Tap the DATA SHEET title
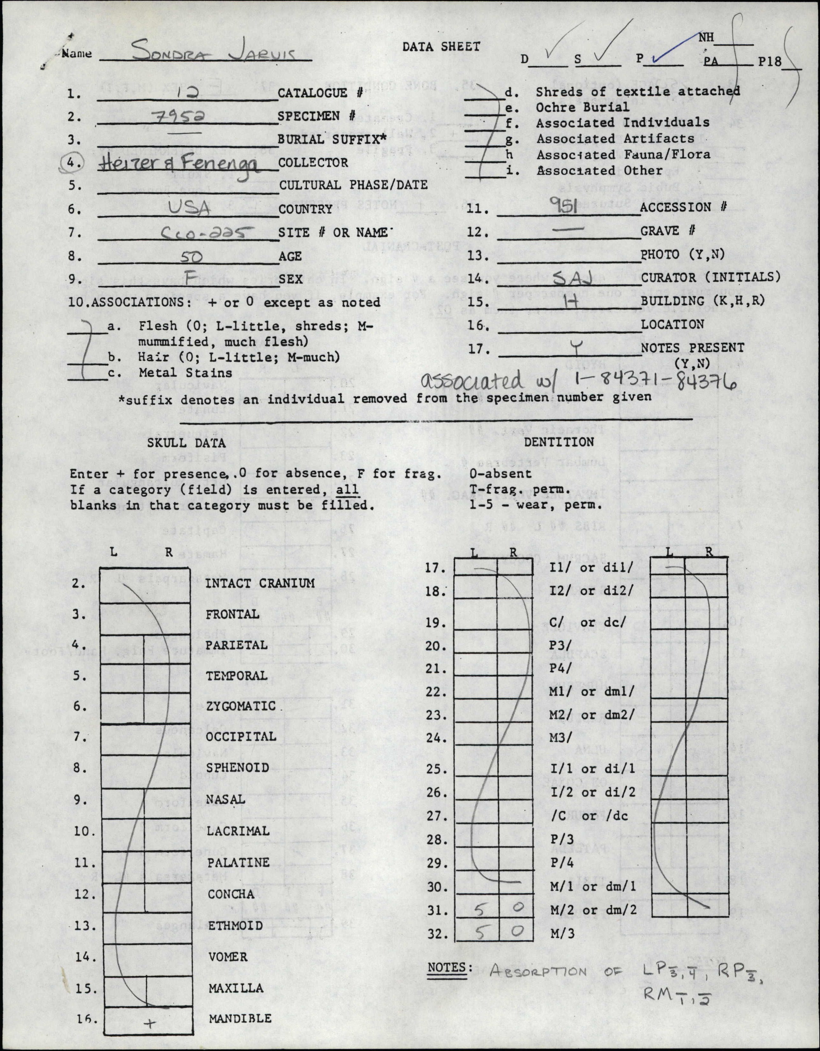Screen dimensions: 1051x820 pos(441,47)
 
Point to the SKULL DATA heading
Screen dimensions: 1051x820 pos(186,443)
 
